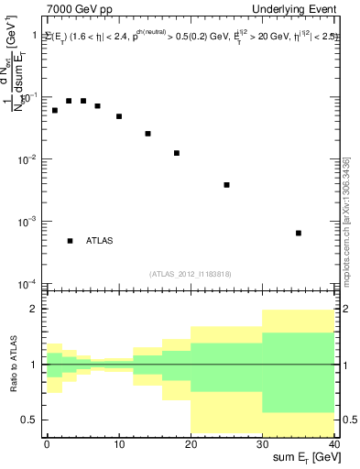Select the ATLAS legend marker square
coord(70,241)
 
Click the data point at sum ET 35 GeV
coord(299,233)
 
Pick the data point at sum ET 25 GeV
coord(226,185)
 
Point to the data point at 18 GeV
coord(176,153)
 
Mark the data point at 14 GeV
coord(147,134)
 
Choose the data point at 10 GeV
coord(119,116)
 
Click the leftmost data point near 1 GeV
coord(55,110)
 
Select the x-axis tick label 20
coord(191,444)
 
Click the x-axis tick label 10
coord(119,444)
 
